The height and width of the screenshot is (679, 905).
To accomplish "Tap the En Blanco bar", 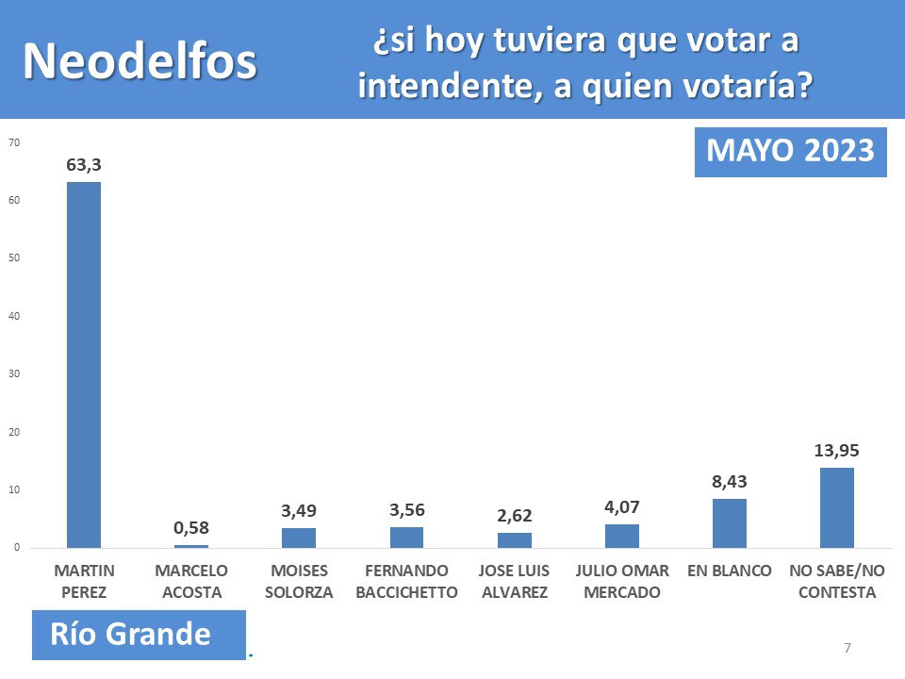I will (729, 523).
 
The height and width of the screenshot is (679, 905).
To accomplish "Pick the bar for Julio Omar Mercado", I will (621, 536).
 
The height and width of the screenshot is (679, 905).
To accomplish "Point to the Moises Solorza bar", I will (299, 538).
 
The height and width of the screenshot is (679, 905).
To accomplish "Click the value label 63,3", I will (83, 165).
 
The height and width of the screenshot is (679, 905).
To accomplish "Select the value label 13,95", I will (836, 450).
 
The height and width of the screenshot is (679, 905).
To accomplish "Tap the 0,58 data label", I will (191, 527).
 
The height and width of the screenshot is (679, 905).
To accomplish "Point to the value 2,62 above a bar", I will (515, 516).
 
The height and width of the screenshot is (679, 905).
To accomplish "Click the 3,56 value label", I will (406, 510).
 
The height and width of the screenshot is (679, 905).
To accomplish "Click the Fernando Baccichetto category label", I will (406, 582).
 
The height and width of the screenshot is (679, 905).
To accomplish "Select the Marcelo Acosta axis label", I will (191, 582).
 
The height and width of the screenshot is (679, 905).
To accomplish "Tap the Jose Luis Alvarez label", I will (515, 582).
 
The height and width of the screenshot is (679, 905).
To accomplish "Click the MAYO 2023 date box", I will (790, 152).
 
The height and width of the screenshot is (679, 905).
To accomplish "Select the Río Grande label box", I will (139, 635).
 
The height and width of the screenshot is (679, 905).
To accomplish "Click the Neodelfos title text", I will (140, 62).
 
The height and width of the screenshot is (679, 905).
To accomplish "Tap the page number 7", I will (847, 648).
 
